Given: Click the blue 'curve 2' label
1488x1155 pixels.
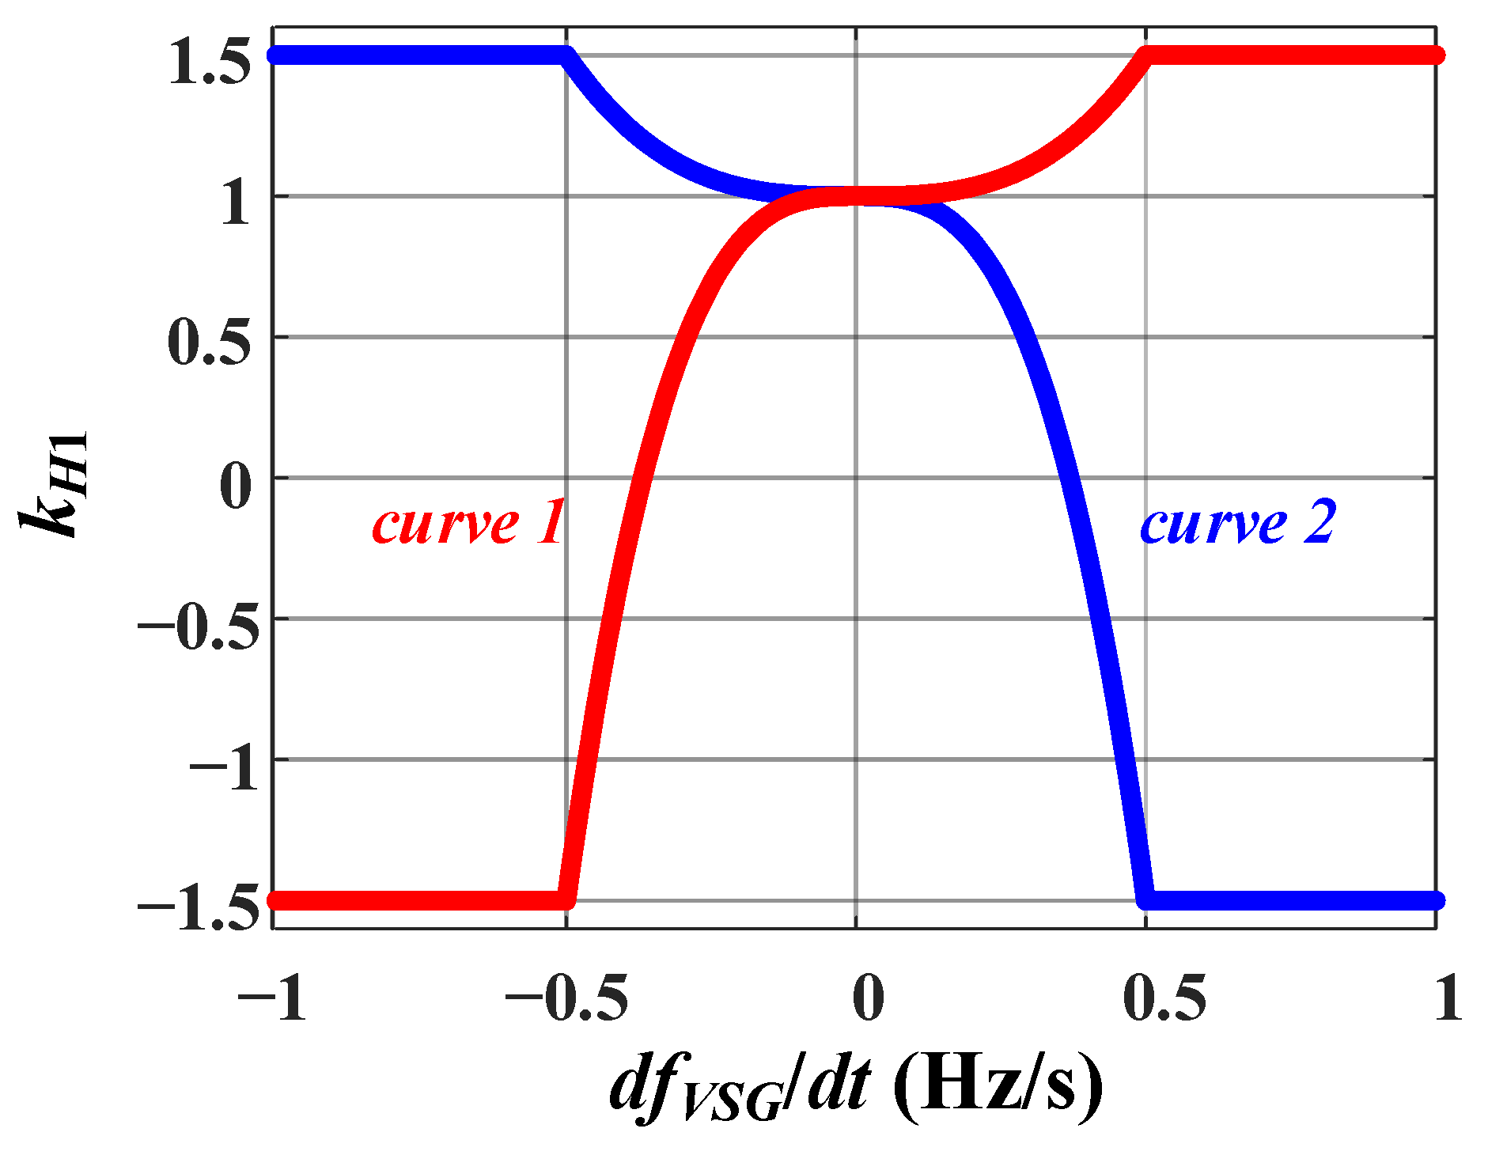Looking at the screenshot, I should pos(1236,524).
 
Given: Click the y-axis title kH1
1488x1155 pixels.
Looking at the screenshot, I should pos(54,484).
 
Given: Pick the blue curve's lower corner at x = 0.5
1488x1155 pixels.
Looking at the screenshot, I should pos(1146,900).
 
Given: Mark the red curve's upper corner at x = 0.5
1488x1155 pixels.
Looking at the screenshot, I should pos(1147,55).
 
